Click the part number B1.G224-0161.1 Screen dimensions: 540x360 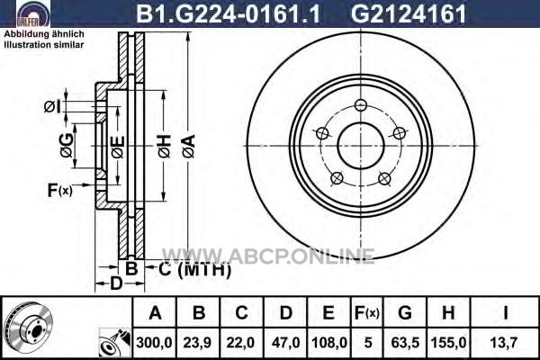[229, 14]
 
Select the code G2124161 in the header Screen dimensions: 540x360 [408, 14]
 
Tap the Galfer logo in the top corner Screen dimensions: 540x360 [29, 14]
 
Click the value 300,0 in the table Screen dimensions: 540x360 [154, 343]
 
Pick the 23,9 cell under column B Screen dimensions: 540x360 [197, 343]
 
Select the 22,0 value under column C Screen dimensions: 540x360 [240, 343]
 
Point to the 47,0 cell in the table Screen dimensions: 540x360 [285, 343]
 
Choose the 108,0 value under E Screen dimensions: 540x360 [329, 343]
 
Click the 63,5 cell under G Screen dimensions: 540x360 [405, 343]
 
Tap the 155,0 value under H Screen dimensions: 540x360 [448, 343]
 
